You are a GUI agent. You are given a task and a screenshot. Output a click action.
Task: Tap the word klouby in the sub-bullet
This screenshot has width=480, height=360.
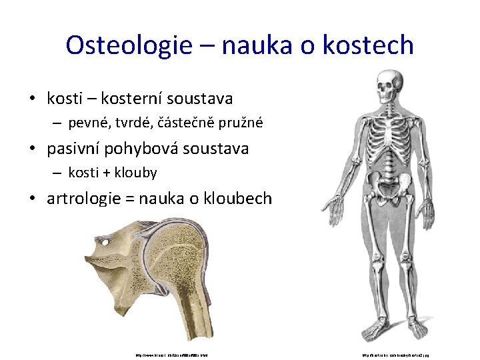pyautogui.click(x=136, y=173)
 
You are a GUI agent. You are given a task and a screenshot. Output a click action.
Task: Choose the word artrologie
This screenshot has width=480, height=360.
pyautogui.click(x=85, y=198)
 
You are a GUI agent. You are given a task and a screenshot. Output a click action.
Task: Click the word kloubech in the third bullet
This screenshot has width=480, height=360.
pyautogui.click(x=241, y=198)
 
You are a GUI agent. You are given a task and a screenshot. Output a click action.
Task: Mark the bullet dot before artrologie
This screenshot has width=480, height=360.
pyautogui.click(x=31, y=199)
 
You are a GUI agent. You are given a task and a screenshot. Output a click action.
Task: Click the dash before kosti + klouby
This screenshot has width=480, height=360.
pyautogui.click(x=58, y=173)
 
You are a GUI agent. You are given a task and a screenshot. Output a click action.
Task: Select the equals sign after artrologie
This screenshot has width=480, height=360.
pyautogui.click(x=129, y=199)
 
